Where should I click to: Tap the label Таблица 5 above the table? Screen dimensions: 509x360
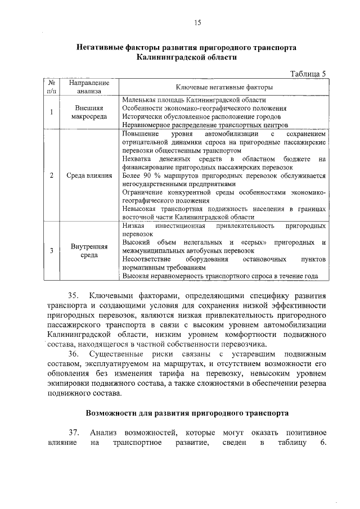308,74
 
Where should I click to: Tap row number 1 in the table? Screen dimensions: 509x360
51,111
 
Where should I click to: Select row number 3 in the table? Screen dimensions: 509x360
51,250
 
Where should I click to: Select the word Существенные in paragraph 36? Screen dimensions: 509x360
118,353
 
